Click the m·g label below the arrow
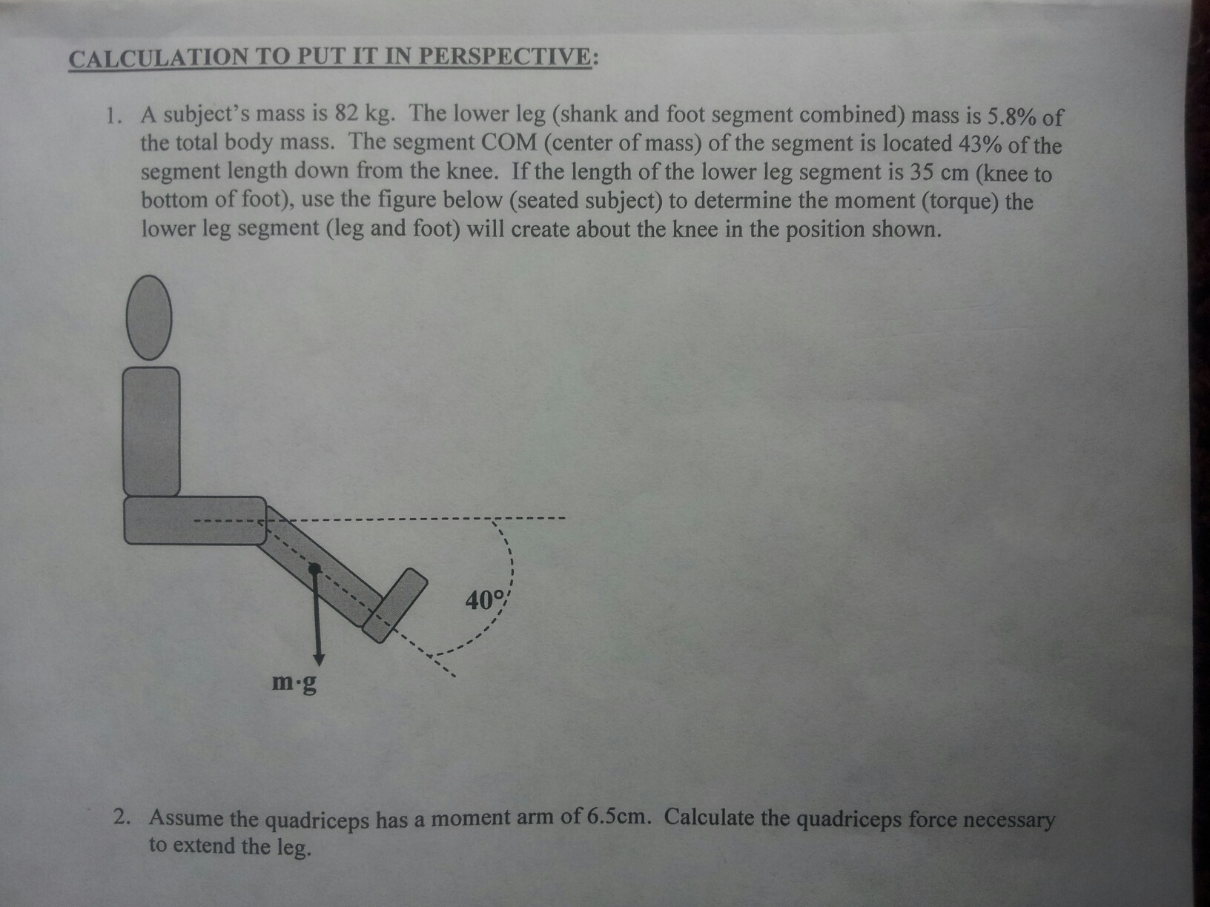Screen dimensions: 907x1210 click(x=294, y=681)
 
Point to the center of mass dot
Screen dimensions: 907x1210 click(x=315, y=568)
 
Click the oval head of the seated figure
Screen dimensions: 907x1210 click(x=149, y=317)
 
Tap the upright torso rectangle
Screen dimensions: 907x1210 click(x=151, y=431)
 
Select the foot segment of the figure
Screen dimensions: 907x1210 click(x=395, y=605)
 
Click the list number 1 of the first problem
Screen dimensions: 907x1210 click(x=112, y=116)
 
